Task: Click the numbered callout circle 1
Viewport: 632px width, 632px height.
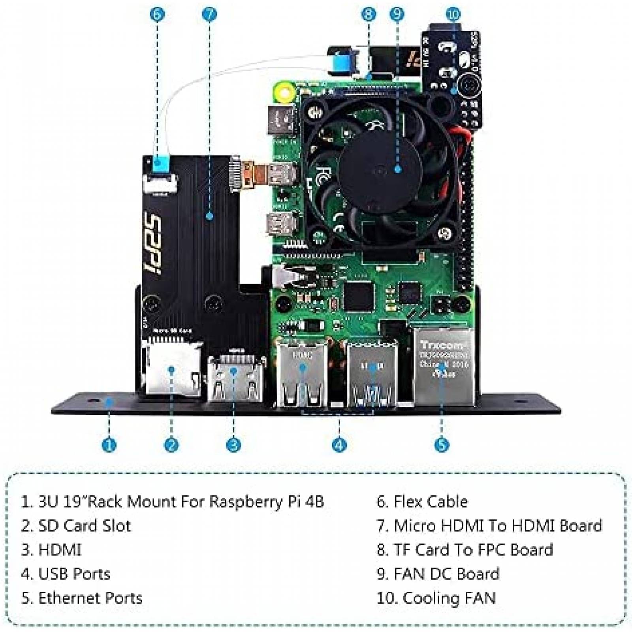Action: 109,445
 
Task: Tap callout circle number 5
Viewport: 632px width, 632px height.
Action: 442,445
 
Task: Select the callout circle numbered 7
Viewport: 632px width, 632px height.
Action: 209,15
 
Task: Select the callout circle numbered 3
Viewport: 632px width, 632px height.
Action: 233,445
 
